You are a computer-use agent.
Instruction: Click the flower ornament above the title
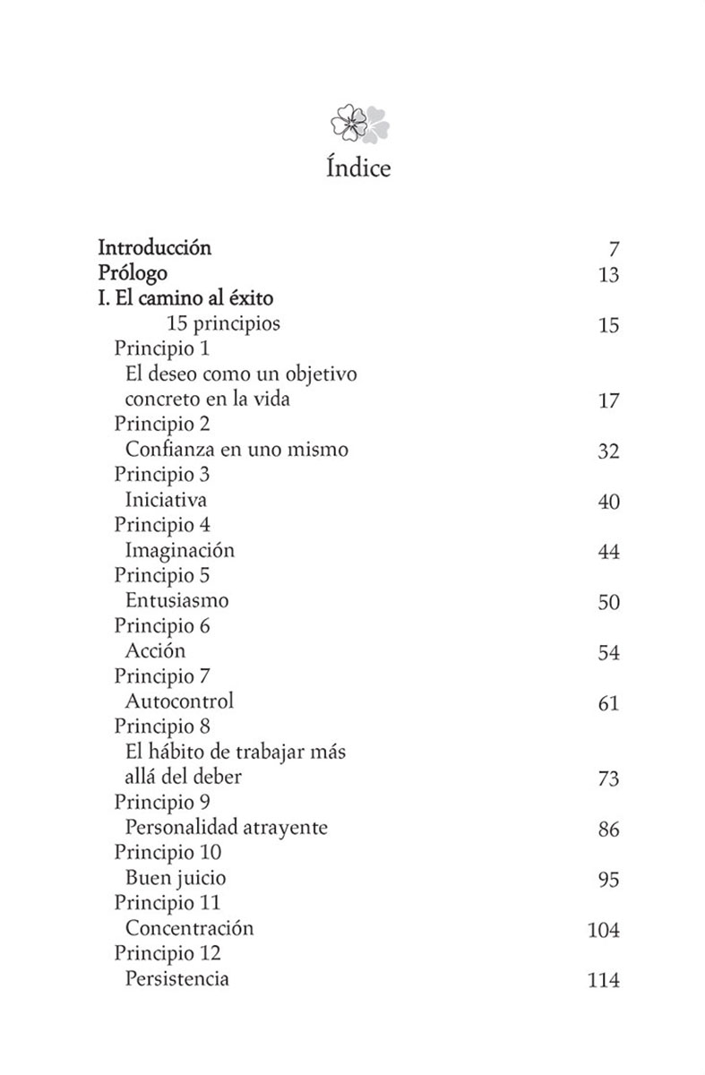pos(359,124)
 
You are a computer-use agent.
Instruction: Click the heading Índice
pos(358,168)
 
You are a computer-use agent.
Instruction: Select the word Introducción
pos(154,247)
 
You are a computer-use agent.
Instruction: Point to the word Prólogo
pos(133,272)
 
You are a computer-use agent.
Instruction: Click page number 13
pos(608,275)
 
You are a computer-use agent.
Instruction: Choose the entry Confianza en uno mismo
pos(236,450)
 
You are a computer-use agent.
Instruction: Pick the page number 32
pos(608,451)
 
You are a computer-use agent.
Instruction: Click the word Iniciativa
pos(166,500)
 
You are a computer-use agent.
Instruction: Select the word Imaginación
pos(179,550)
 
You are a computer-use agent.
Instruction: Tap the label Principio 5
pos(162,575)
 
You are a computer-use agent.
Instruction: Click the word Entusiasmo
pos(176,600)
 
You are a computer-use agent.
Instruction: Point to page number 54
pos(608,653)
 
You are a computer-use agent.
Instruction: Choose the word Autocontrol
pos(179,701)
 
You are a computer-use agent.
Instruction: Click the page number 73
pos(608,779)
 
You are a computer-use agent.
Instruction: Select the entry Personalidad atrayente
pos(227,828)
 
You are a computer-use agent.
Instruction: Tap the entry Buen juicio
pos(176,878)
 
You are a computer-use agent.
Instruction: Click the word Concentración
pos(190,928)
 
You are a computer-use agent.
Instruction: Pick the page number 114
pos(603,981)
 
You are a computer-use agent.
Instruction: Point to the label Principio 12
pos(168,953)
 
